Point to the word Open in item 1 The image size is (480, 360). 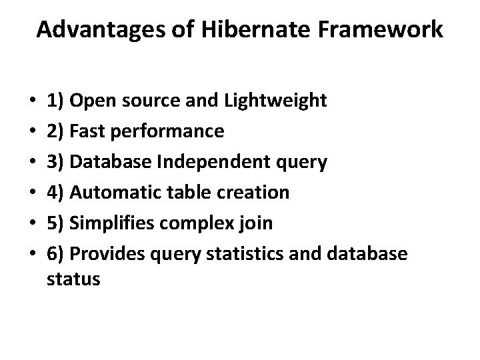(91, 101)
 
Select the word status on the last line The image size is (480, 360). (74, 280)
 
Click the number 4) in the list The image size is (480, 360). (56, 193)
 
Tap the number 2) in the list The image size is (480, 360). (56, 132)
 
